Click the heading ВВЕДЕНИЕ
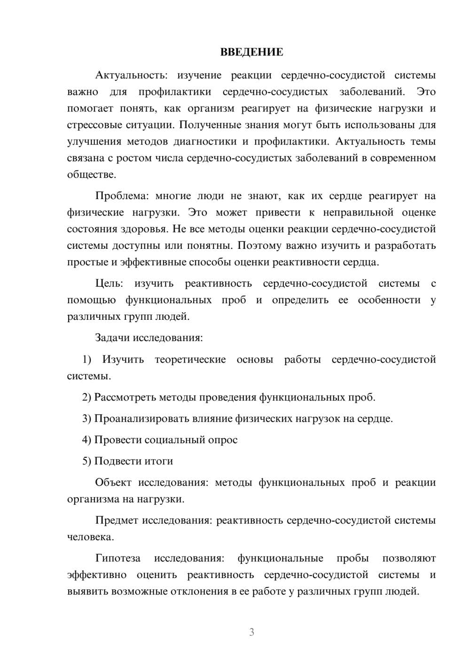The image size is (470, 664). point(251,52)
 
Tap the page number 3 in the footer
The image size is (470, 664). point(251,632)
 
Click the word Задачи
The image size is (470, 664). point(113,338)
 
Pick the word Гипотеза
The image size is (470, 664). point(117,558)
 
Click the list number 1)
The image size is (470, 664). point(87,360)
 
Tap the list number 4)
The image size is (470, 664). point(87,440)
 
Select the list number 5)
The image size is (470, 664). point(87,461)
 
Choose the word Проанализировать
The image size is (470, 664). point(141,418)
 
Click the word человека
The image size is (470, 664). point(90,537)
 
